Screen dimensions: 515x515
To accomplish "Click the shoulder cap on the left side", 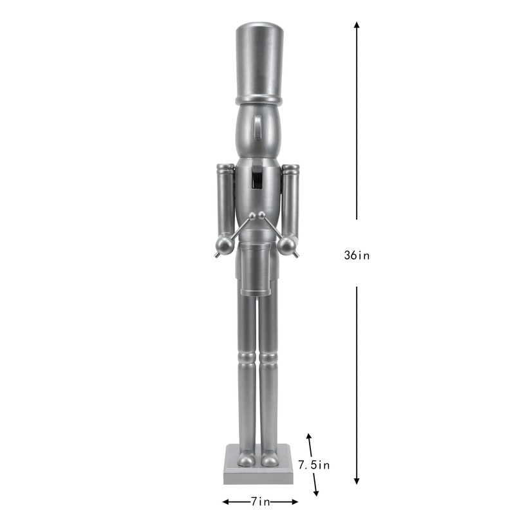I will pyautogui.click(x=225, y=170).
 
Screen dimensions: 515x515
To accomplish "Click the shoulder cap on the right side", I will pyautogui.click(x=290, y=170).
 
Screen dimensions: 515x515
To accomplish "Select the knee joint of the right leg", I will pyautogui.click(x=269, y=356).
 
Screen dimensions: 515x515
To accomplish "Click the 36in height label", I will pyautogui.click(x=357, y=254).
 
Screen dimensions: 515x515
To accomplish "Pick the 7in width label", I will pyautogui.click(x=260, y=501).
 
